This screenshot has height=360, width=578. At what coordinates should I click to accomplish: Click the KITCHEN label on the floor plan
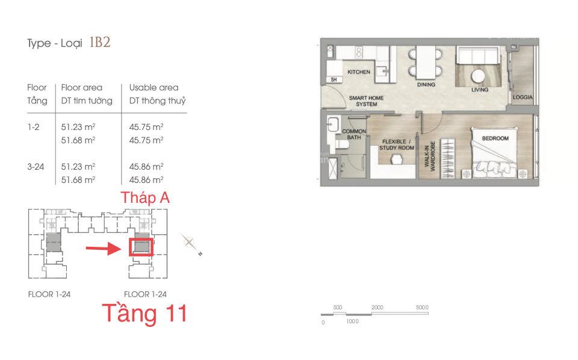359,72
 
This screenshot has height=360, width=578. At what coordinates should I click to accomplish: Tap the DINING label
426,84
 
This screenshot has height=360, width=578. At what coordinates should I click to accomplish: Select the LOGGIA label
523,98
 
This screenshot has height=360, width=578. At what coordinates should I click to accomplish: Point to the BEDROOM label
495,138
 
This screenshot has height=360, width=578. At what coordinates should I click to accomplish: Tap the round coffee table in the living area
478,76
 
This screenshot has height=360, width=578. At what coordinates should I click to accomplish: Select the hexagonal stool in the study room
397,160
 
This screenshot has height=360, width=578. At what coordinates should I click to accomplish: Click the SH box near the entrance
334,79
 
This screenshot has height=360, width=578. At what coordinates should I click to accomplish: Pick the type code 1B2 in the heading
99,42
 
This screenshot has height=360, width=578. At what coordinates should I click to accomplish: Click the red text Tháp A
145,198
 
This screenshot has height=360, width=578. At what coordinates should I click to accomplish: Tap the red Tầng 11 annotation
145,313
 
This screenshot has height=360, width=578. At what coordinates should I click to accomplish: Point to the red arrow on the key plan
104,249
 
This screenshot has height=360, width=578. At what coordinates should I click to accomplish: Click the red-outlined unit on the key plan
141,247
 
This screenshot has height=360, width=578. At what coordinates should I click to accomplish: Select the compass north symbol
190,243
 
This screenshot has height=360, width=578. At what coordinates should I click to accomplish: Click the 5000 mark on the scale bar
422,307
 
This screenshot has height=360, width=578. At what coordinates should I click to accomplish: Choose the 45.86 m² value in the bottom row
146,180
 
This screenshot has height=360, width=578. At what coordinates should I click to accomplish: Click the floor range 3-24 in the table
36,167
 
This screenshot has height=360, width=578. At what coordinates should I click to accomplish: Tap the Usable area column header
154,88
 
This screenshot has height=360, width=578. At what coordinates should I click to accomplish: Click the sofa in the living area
477,55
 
